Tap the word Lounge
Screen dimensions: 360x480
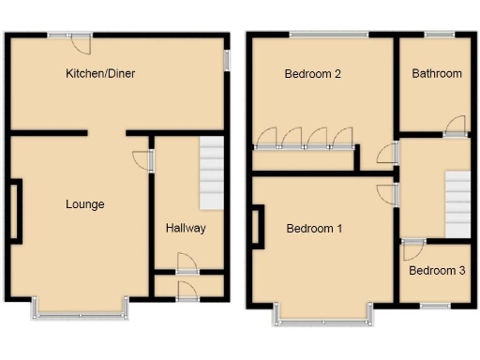pos(84,204)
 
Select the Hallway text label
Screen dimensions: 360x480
pos(186,228)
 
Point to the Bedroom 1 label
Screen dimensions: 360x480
pos(315,228)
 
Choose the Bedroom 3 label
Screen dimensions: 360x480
pos(437,271)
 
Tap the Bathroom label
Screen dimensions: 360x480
pos(437,73)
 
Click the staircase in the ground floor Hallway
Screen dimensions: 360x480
pos(212,173)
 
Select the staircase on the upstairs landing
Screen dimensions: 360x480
pos(457,204)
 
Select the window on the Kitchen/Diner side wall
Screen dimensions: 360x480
pos(227,58)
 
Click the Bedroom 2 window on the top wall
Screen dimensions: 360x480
pos(328,36)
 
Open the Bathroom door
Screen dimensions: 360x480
pos(456,127)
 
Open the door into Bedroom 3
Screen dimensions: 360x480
pos(412,249)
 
